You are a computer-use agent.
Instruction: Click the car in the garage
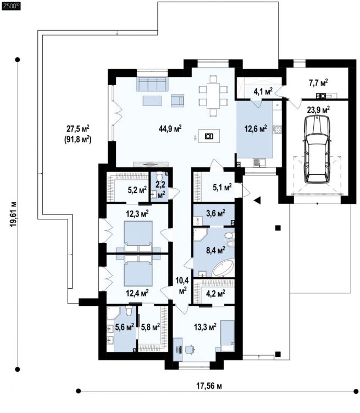tap(317, 150)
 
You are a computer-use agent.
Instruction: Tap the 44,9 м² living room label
tap(170, 129)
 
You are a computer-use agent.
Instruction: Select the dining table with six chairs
tap(213, 96)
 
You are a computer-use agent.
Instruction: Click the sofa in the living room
tap(152, 84)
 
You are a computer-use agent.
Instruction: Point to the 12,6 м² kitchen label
tap(256, 129)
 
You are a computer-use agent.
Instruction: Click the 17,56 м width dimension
tap(209, 386)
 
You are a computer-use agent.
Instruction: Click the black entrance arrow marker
tap(257, 200)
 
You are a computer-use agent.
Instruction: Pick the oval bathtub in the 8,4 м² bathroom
tap(223, 268)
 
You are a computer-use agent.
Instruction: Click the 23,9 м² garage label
tap(319, 110)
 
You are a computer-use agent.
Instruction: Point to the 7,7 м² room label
tap(318, 83)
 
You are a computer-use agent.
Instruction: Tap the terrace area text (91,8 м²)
tap(77, 139)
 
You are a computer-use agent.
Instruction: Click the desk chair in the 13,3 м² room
tap(190, 349)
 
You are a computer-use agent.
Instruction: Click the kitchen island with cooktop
tap(209, 136)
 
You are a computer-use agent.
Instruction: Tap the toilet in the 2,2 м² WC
tap(159, 175)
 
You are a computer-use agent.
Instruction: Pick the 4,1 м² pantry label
tap(263, 91)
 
